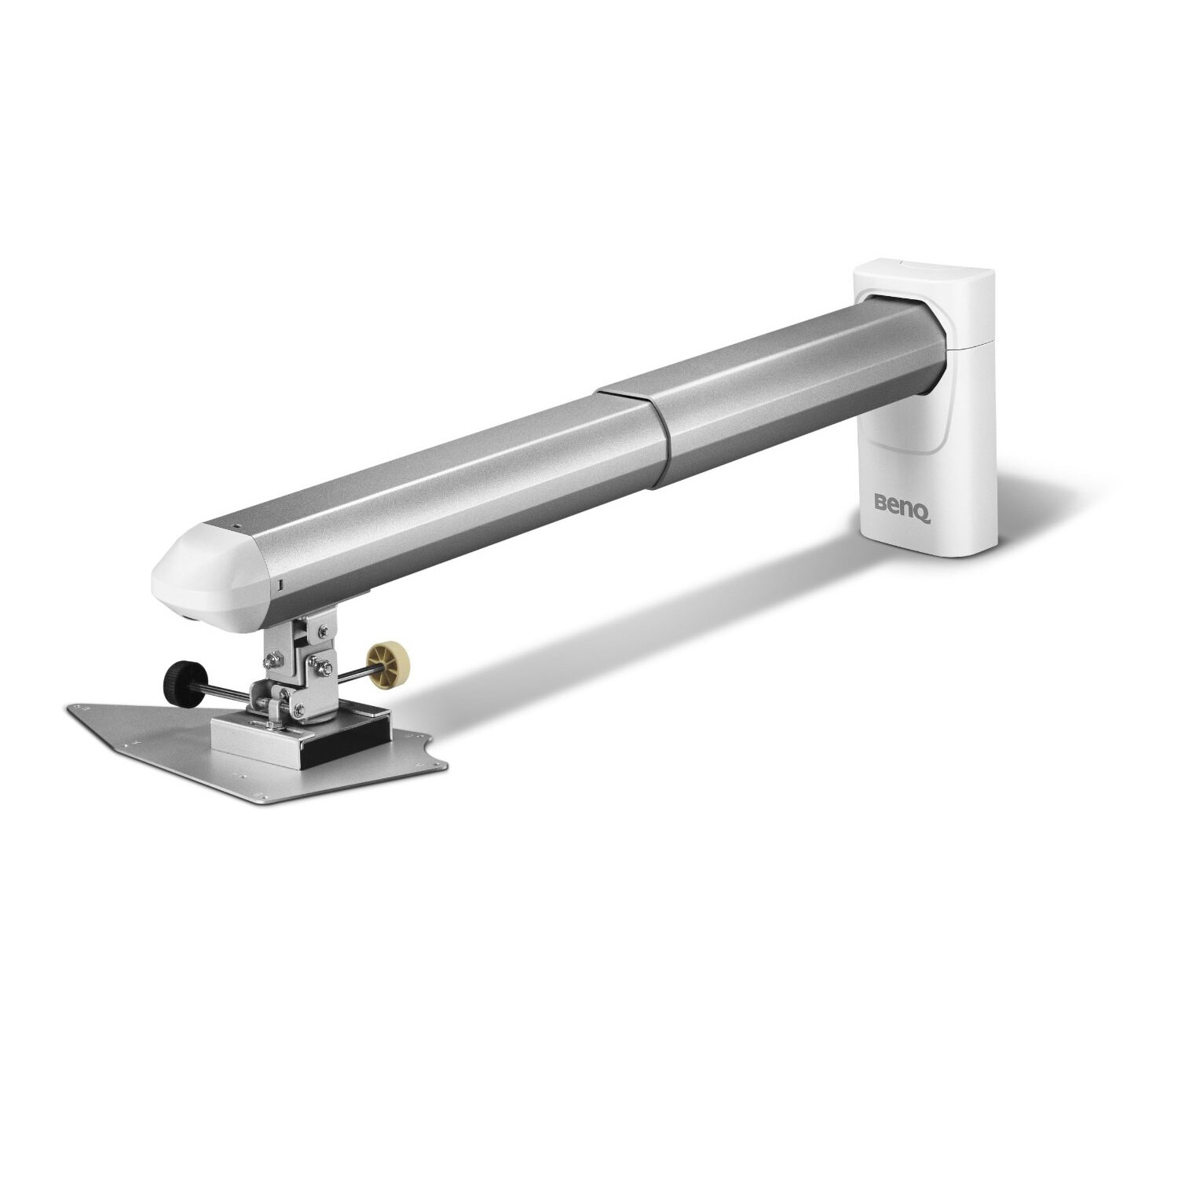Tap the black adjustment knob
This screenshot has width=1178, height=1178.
coord(180,675)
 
